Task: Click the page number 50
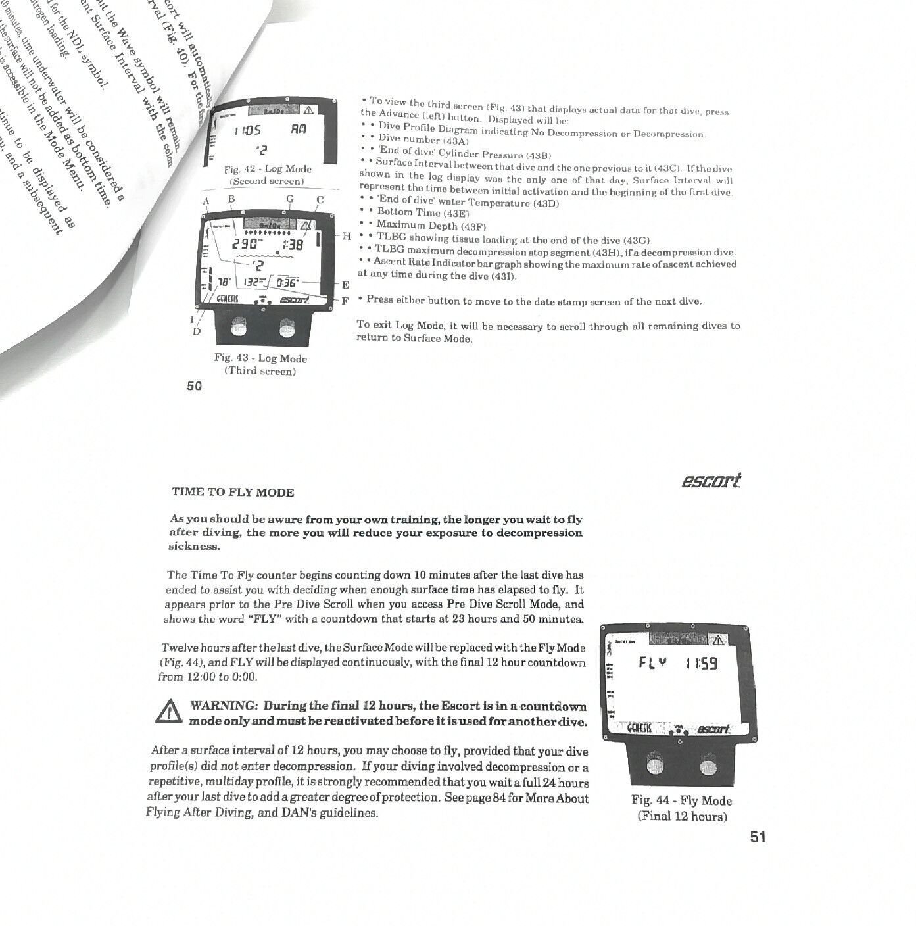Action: [x=194, y=387]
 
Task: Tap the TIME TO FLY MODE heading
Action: [x=233, y=492]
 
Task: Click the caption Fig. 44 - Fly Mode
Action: [x=681, y=801]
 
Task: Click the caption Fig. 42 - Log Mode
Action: [x=267, y=170]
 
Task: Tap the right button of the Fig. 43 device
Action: [x=287, y=329]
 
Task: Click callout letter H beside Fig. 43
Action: [x=347, y=236]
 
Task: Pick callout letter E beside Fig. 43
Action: [x=345, y=285]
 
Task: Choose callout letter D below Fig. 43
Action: [x=196, y=331]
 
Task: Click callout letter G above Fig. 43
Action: [x=290, y=199]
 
